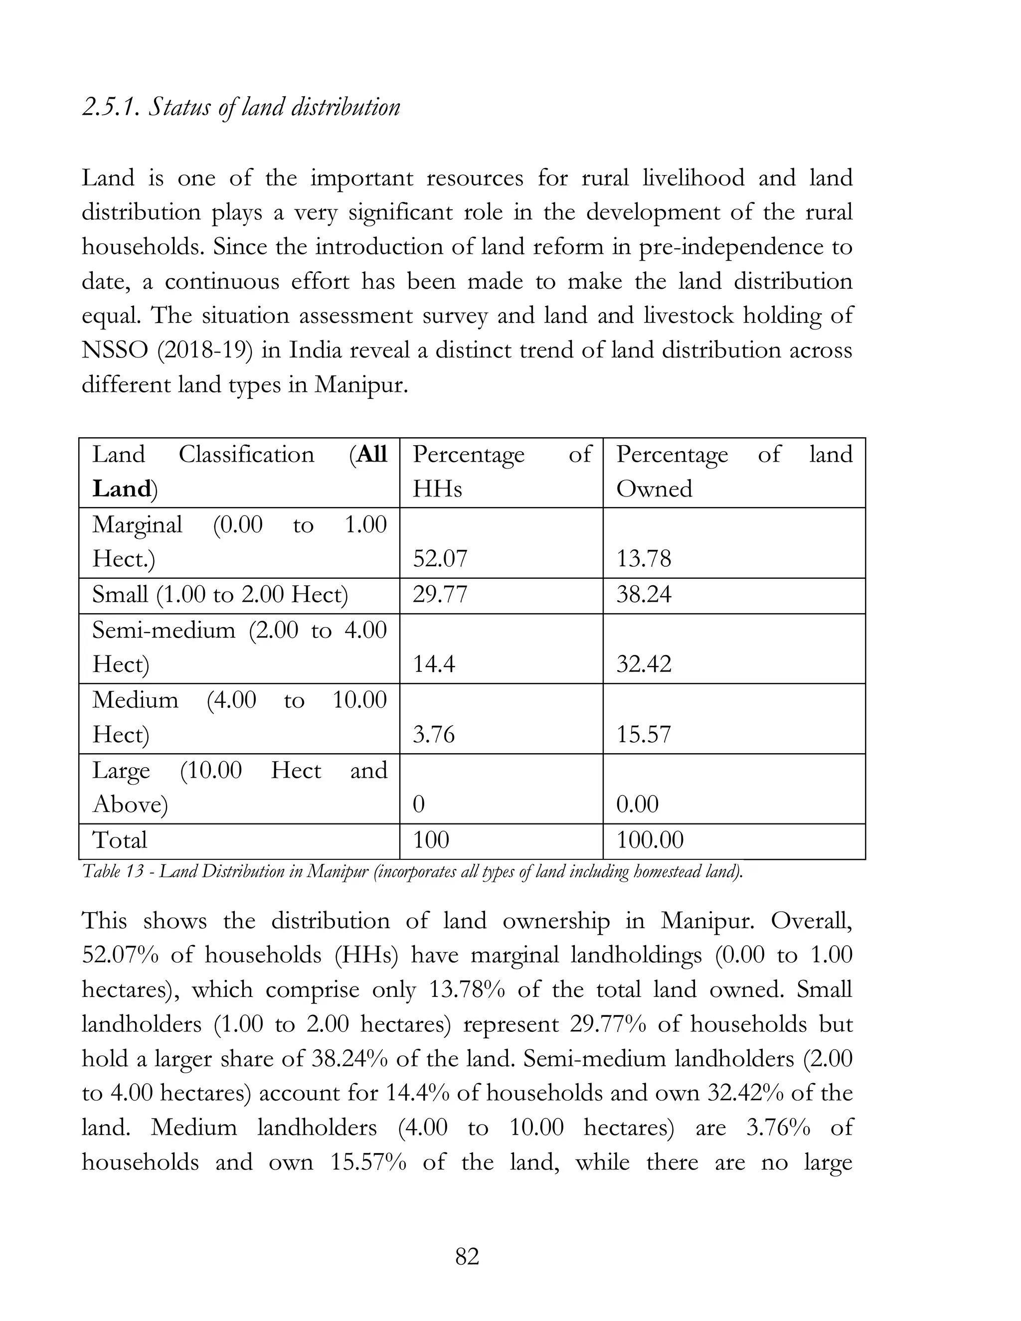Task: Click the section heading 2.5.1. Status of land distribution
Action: (x=241, y=108)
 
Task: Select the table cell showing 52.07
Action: (x=440, y=558)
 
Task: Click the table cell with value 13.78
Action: (x=644, y=558)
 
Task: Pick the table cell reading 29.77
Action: (x=440, y=595)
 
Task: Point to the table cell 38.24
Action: (x=644, y=595)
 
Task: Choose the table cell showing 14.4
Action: (x=434, y=664)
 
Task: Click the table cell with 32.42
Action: (x=644, y=664)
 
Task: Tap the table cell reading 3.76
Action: (x=434, y=735)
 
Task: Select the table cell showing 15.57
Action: (x=644, y=735)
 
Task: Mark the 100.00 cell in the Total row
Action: (x=650, y=840)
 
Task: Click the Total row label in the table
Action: (x=120, y=840)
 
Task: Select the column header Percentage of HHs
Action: (x=501, y=472)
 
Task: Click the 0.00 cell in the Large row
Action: (x=637, y=805)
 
